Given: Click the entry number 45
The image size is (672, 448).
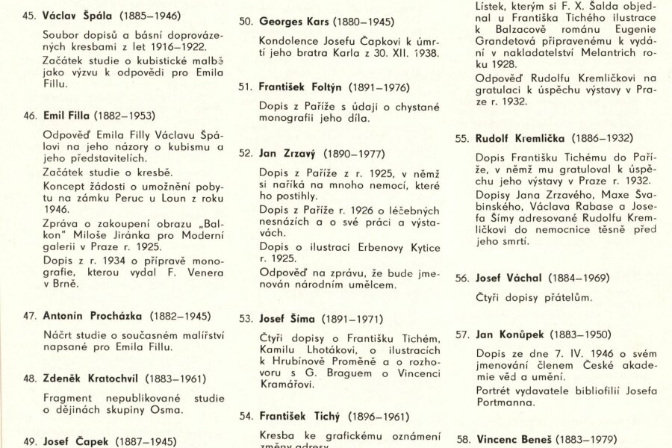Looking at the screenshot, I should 31,15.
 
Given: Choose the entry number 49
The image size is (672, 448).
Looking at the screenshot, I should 31,441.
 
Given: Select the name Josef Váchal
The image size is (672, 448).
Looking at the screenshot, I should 508,278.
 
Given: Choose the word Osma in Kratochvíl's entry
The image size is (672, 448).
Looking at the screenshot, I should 166,410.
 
